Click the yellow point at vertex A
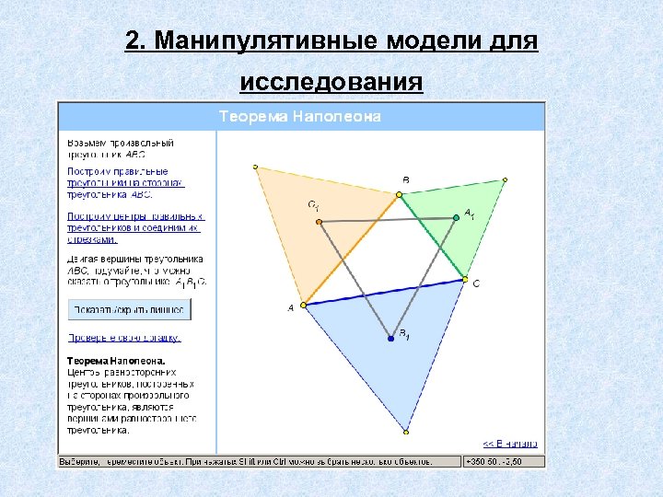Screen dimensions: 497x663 [304, 305]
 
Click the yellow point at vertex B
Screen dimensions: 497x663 [399, 195]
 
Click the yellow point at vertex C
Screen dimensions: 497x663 [465, 279]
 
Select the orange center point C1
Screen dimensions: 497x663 [319, 222]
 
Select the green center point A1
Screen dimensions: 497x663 [455, 217]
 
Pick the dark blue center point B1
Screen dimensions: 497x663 [391, 339]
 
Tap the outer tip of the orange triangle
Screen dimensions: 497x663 [256, 168]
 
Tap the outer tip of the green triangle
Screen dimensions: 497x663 [505, 180]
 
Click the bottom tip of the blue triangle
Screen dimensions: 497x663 [406, 431]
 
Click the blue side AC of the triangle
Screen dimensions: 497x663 [384, 292]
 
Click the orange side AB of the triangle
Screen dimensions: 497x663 [351, 250]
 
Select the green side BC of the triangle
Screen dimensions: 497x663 [432, 237]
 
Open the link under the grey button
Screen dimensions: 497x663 [124, 338]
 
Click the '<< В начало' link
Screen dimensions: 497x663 [509, 442]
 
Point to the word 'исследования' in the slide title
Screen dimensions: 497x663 [331, 84]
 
